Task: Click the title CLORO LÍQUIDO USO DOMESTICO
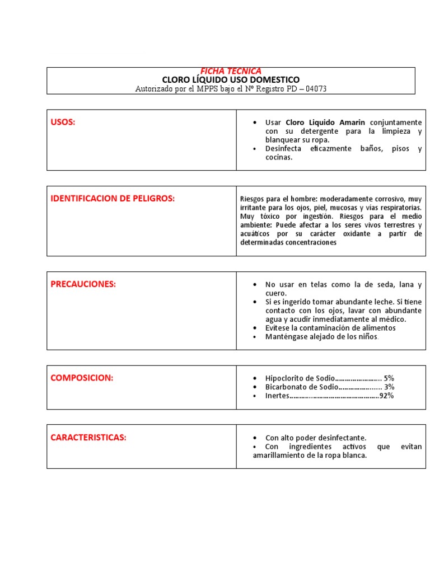click(x=231, y=80)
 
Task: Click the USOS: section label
click(x=63, y=122)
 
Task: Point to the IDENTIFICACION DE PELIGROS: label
click(x=113, y=198)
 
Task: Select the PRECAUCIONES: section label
click(x=83, y=284)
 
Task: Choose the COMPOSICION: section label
click(x=82, y=378)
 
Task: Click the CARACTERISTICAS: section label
click(x=88, y=437)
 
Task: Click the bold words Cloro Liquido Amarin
click(x=325, y=122)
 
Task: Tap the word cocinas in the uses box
click(x=279, y=158)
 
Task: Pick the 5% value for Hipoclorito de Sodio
click(x=389, y=378)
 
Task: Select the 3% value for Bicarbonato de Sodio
click(x=390, y=387)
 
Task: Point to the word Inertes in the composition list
click(x=277, y=396)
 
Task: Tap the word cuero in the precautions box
click(x=275, y=293)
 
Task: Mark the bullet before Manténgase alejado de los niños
click(x=255, y=337)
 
